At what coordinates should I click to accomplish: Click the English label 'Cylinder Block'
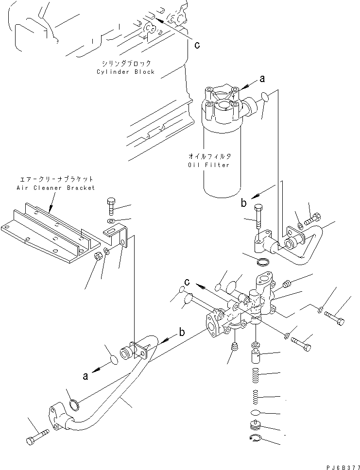[125, 72]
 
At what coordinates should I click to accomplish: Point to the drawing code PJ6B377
[338, 465]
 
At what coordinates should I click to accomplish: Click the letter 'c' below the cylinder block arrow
[197, 45]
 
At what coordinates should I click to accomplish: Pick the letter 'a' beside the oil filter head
[262, 78]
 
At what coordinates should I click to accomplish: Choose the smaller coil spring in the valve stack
[255, 397]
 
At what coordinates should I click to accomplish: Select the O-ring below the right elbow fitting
[261, 263]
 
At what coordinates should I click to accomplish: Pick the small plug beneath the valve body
[235, 346]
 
